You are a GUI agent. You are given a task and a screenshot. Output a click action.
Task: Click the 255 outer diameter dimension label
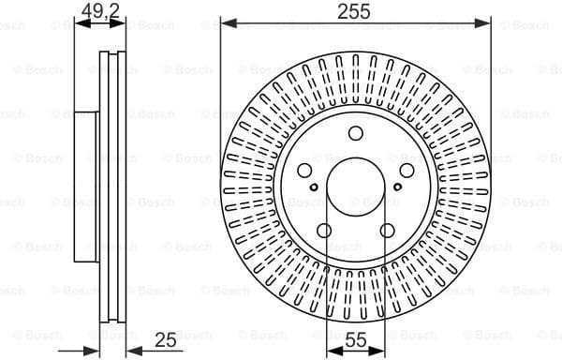click(x=355, y=11)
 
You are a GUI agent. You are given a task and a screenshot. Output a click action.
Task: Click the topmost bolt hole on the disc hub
click(x=356, y=133)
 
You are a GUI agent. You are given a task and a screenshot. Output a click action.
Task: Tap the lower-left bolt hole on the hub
click(x=323, y=232)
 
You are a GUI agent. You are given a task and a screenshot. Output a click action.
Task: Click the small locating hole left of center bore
click(x=318, y=201)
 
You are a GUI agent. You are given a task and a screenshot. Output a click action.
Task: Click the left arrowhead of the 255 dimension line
click(x=226, y=22)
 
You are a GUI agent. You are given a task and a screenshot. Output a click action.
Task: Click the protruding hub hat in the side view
click(x=85, y=187)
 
